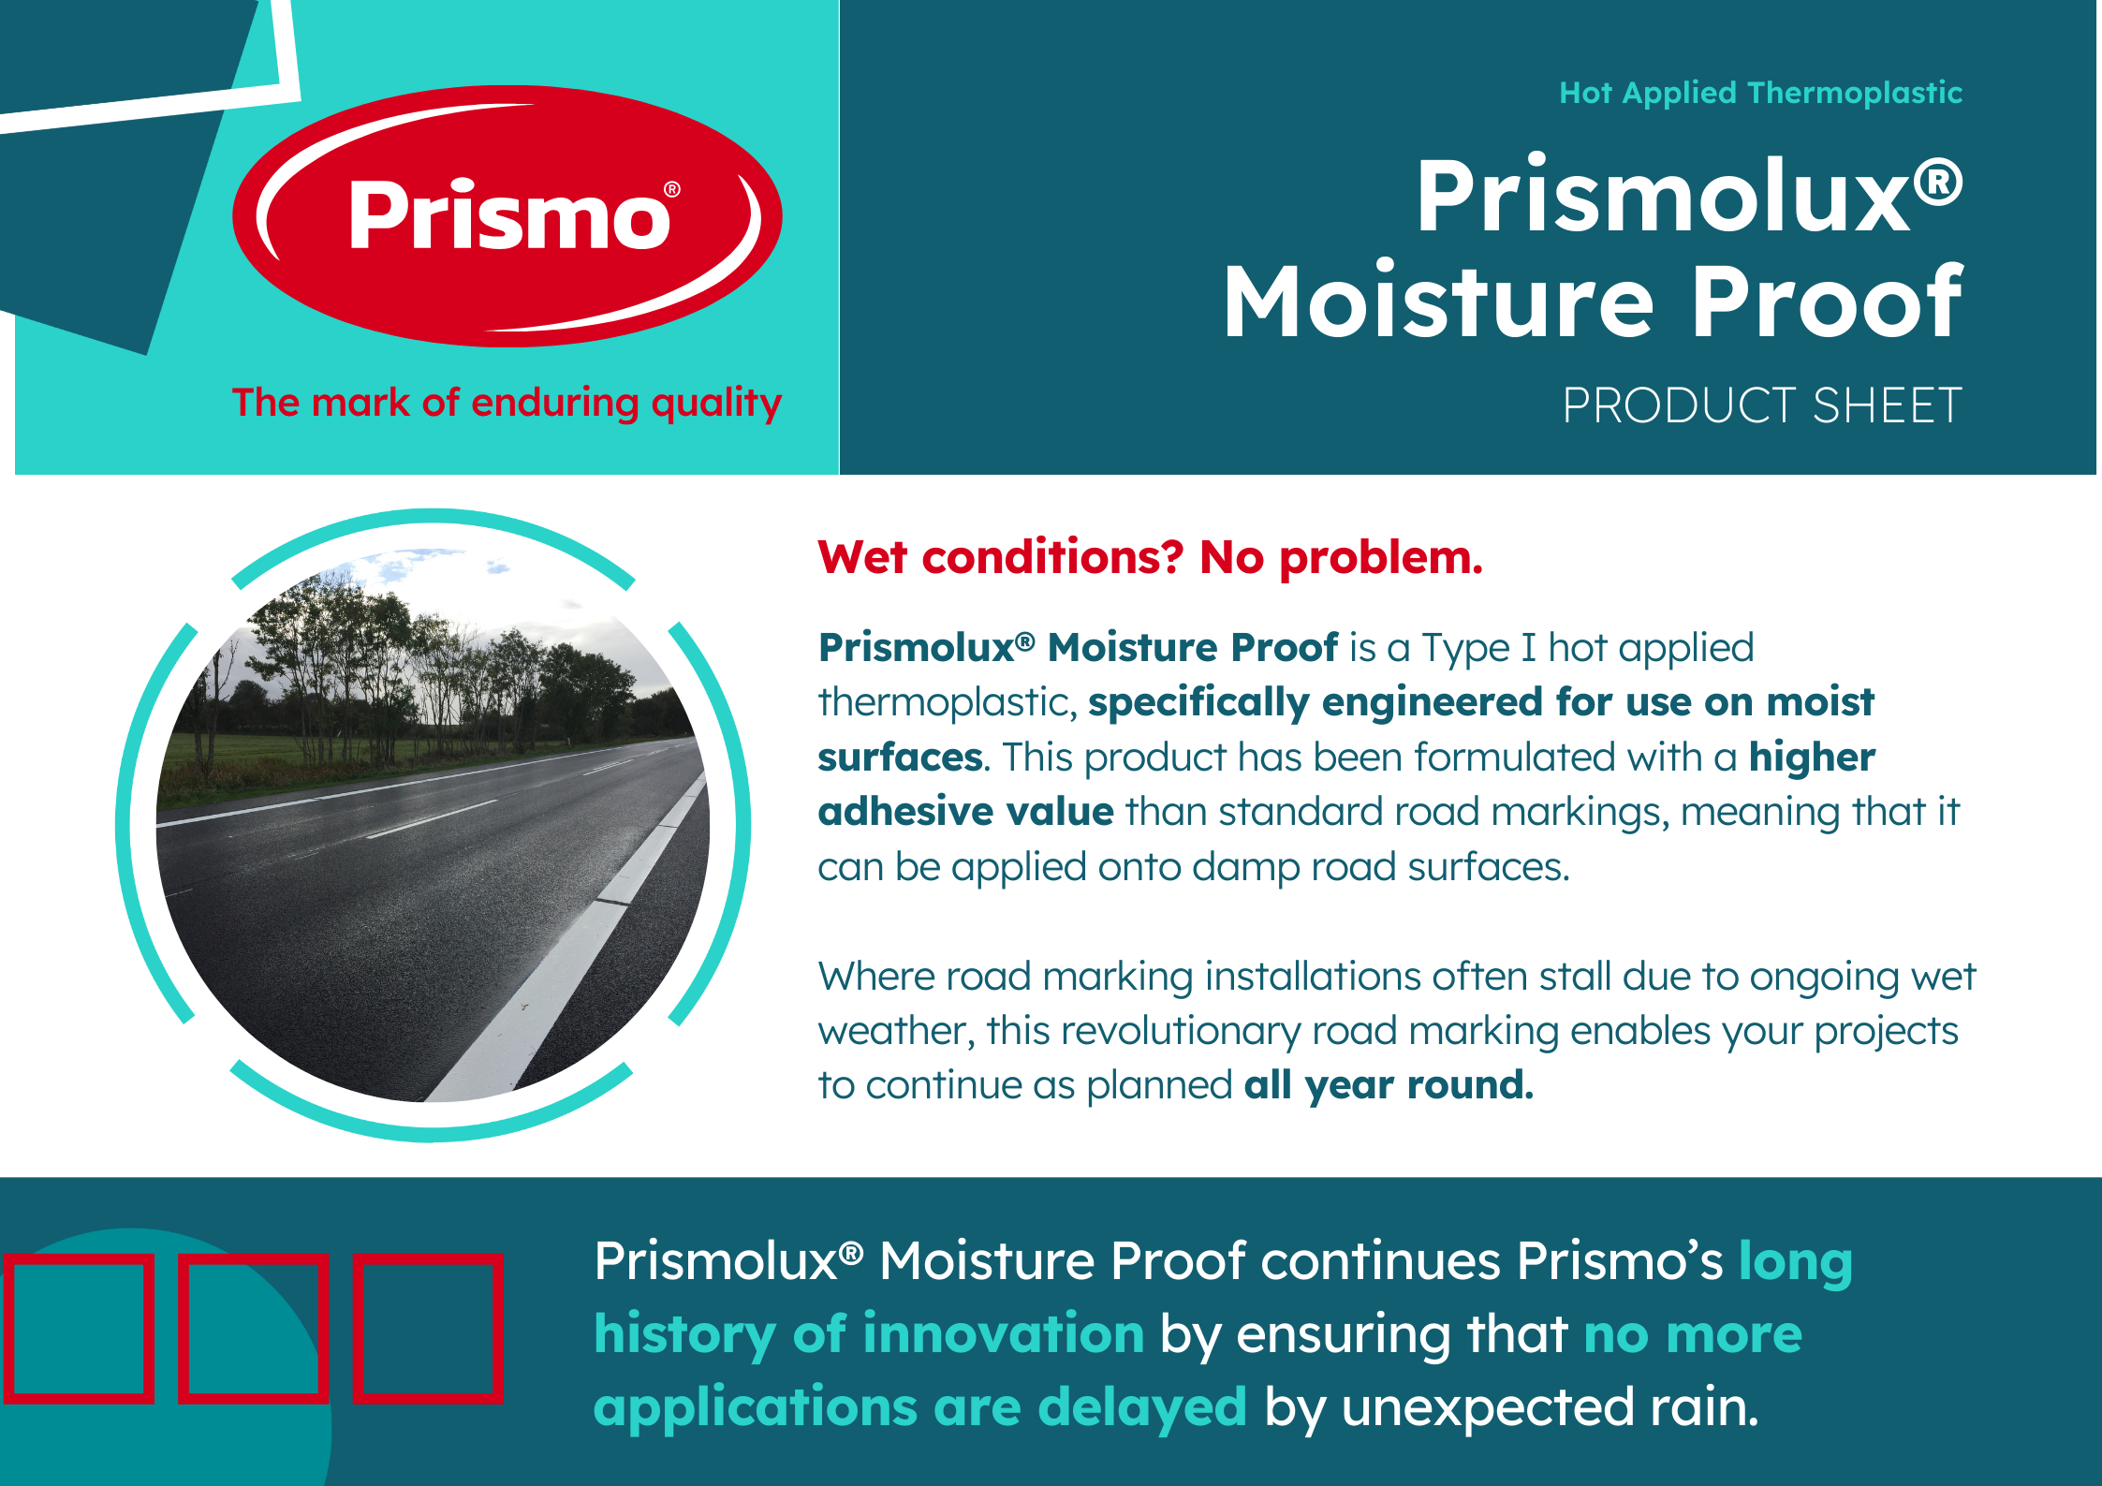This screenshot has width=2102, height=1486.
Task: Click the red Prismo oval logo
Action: [x=507, y=216]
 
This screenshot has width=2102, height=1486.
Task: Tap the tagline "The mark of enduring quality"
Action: [x=507, y=403]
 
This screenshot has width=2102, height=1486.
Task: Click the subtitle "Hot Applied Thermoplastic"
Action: [x=1760, y=93]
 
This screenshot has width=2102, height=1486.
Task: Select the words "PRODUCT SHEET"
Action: [x=1762, y=405]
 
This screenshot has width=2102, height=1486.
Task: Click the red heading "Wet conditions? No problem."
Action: [x=1150, y=557]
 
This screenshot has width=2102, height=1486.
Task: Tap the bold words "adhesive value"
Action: [x=965, y=811]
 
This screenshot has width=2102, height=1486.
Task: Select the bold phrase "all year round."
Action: [x=1389, y=1085]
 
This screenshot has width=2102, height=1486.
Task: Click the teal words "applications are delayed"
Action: [x=920, y=1407]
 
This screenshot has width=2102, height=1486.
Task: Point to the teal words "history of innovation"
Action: [x=869, y=1333]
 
